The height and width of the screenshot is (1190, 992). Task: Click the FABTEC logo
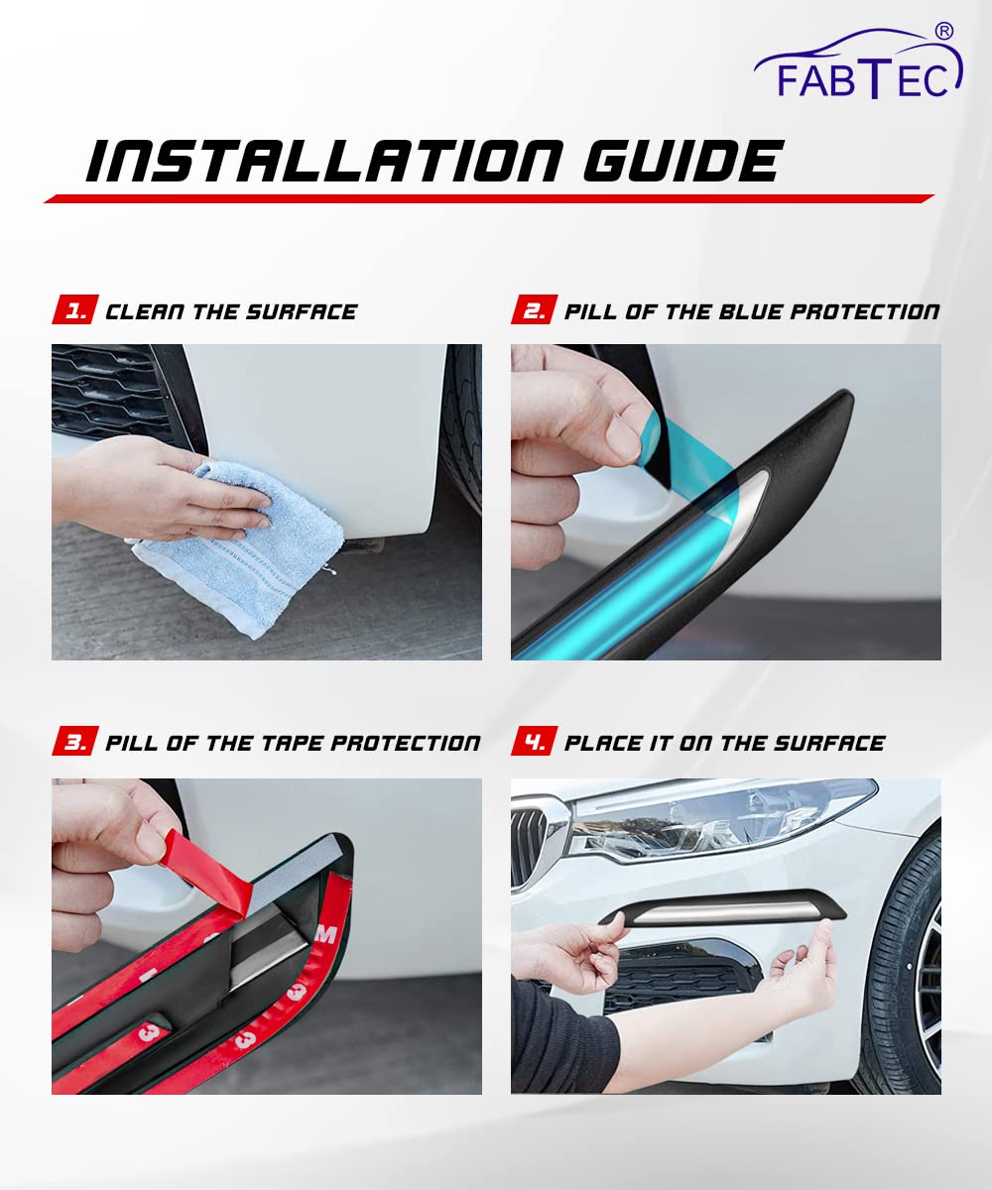(859, 63)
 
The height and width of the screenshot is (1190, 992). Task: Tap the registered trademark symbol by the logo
(944, 31)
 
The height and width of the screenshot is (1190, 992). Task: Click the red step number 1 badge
(75, 309)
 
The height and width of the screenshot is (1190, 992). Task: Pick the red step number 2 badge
(535, 309)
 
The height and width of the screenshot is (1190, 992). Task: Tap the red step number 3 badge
(75, 741)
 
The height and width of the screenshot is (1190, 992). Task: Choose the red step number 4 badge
(535, 741)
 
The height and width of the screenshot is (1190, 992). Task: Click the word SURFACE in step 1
(302, 311)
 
